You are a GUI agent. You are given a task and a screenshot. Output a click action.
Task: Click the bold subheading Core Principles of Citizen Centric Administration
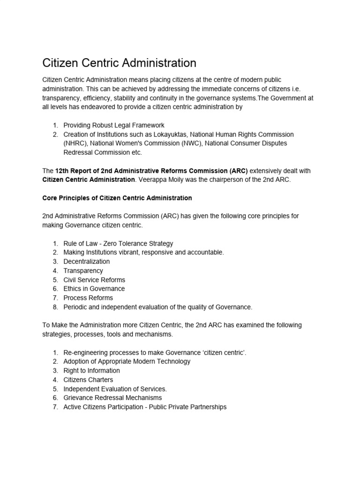[x=117, y=198]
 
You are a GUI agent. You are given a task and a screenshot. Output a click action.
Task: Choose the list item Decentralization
[x=87, y=262]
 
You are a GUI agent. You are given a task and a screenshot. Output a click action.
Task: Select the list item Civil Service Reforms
[x=94, y=280]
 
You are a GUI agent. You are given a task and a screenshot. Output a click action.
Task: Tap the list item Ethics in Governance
[x=94, y=289]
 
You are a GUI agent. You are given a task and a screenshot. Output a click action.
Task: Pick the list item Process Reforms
[x=88, y=298]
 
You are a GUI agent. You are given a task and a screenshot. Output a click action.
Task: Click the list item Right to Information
[x=91, y=371]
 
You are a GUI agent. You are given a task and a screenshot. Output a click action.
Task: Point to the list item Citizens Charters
[x=88, y=380]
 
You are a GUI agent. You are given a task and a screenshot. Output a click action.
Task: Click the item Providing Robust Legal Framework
[x=114, y=125]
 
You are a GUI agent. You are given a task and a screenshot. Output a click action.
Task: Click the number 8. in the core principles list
[x=55, y=307]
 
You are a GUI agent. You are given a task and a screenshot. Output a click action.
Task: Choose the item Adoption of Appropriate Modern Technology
[x=127, y=361]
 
